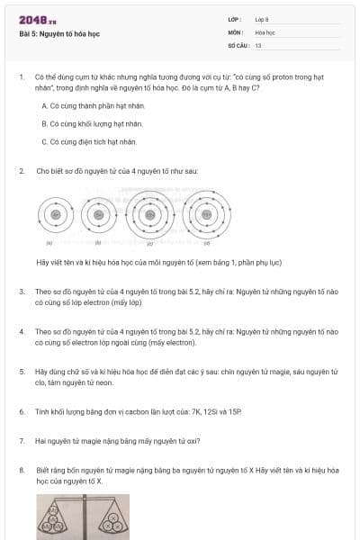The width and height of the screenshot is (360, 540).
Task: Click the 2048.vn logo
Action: (38, 20)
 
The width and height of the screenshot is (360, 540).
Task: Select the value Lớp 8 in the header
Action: (262, 19)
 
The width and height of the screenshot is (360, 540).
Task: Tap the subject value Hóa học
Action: (265, 31)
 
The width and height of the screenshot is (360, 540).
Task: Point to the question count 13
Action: (258, 44)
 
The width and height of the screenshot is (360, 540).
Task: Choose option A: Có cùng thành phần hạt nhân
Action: (93, 105)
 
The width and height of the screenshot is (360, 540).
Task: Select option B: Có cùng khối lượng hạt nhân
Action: (93, 123)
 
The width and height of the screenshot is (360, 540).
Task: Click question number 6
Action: (22, 411)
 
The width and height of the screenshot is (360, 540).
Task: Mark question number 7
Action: (22, 441)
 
